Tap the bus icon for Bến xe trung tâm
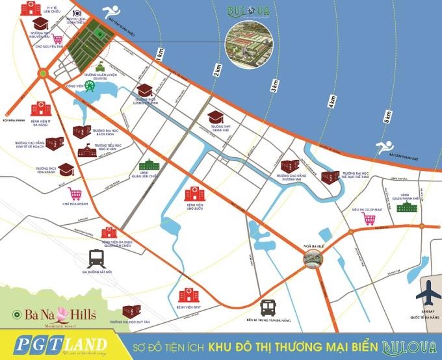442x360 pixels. tap(267, 307)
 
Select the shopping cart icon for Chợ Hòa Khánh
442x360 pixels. tap(75, 193)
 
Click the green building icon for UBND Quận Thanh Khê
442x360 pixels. tap(409, 207)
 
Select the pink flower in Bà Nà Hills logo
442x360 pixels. tap(47, 316)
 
